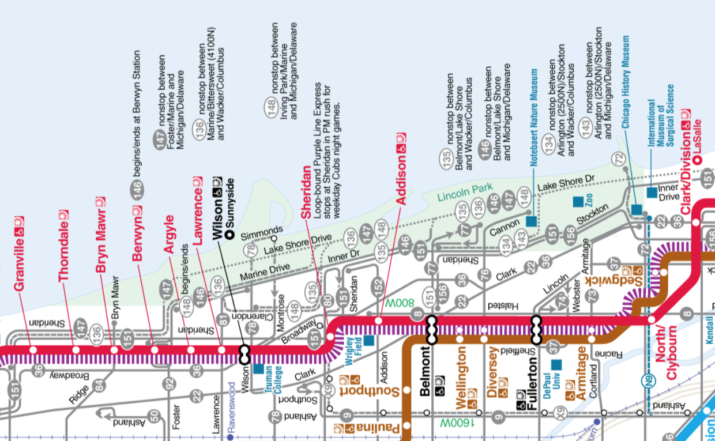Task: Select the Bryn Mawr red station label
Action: coord(100,240)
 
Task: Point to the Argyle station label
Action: coord(169,235)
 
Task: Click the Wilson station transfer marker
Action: coord(244,355)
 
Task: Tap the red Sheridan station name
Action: coord(306,193)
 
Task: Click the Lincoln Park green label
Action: coord(465,192)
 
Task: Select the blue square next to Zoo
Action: coord(578,202)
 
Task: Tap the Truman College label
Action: coord(273,380)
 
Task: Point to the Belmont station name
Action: coord(425,371)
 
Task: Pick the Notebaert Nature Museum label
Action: coord(534,118)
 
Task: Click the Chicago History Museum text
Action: coord(626,82)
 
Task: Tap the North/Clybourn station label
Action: coord(666,353)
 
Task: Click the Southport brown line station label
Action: coord(369,391)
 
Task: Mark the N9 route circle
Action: coord(649,381)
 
